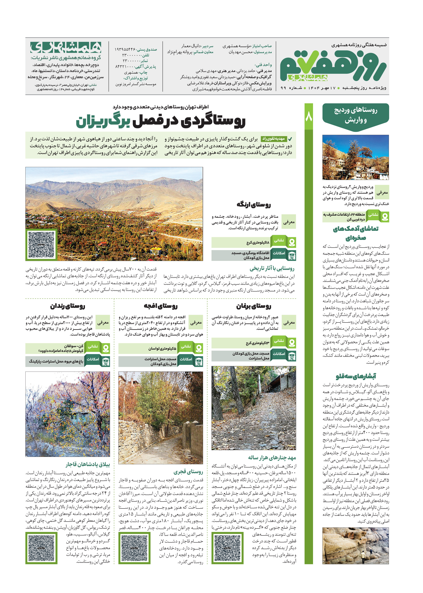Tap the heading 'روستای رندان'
pos(67,306)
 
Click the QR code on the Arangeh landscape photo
pos(41,245)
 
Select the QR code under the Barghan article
pos(227,548)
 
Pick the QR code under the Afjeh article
pos(134,548)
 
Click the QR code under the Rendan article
pos(41,548)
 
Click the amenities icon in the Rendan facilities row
pos(106,362)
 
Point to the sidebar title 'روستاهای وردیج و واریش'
pos(356,115)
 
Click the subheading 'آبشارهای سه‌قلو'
pos(356,376)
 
